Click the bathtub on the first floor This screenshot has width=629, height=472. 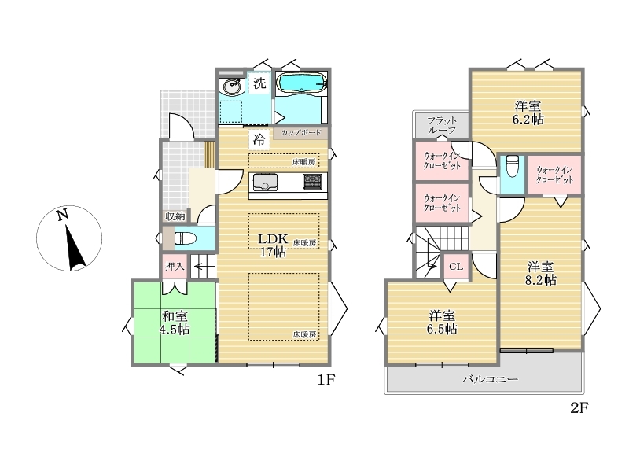coord(302,84)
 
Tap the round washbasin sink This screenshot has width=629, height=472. coord(232,86)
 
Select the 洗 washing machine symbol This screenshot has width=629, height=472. coord(259,83)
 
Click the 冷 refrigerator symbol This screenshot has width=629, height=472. coord(259,140)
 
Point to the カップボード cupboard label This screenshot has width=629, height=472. coord(301,132)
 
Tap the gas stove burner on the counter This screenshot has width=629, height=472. coord(311,182)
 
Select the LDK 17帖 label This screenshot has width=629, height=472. coord(273,245)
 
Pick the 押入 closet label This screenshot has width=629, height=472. coord(175,266)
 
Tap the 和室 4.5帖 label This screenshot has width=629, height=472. coord(175,323)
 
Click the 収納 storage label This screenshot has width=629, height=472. coord(175,216)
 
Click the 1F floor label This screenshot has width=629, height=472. coord(326,380)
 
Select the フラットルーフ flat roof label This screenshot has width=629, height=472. coord(442,125)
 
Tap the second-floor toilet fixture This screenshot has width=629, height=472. coord(513,166)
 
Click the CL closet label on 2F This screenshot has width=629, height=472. coord(456,267)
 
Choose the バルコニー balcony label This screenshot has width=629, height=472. coord(490,379)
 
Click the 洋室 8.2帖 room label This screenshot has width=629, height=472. coord(541,273)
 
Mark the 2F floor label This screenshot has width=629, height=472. coord(579,408)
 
